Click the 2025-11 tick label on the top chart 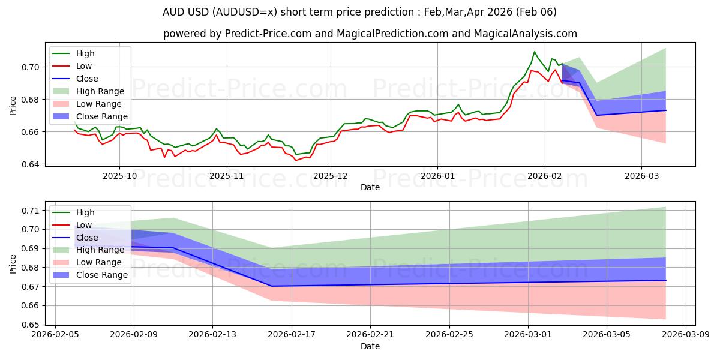(227, 176)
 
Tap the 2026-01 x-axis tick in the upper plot (437, 176)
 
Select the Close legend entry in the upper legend (87, 79)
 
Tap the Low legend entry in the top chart (85, 66)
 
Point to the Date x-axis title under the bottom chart (370, 347)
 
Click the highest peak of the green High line (534, 52)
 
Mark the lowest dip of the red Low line (296, 160)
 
